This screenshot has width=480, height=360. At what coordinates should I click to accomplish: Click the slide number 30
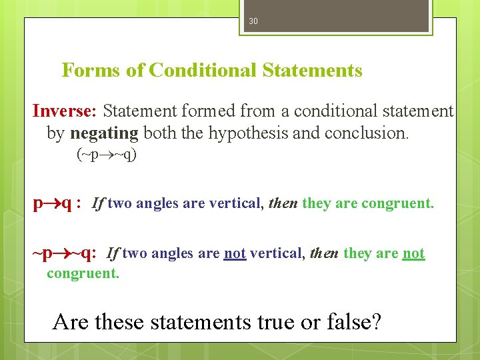253,21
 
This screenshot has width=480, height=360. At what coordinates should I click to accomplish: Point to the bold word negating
103,133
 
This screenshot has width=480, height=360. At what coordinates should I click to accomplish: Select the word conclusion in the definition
366,133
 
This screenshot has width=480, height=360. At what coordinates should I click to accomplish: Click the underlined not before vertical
235,253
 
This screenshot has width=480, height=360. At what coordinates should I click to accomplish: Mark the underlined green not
413,253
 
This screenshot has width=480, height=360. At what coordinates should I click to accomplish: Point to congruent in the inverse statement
83,273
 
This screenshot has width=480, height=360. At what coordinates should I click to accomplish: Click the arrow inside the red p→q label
52,203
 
